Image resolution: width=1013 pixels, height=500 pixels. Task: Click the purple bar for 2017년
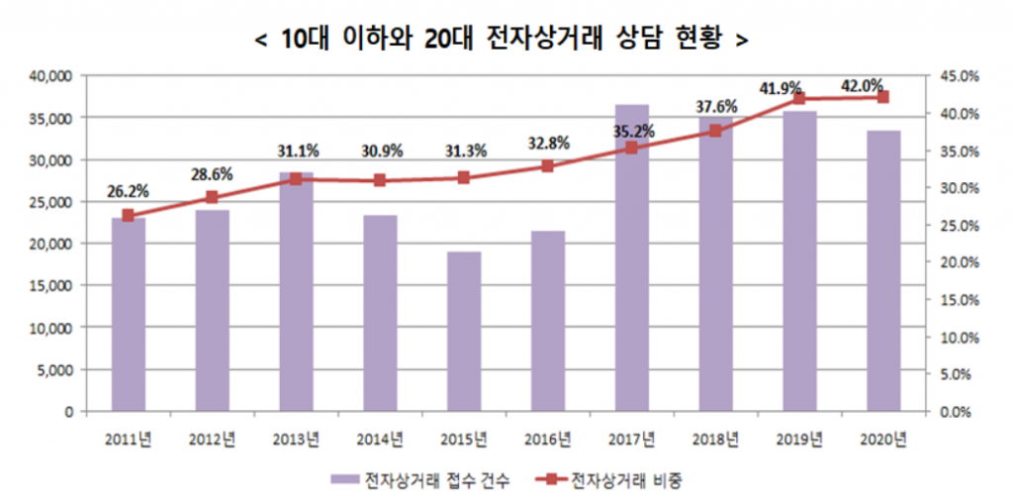coord(631,257)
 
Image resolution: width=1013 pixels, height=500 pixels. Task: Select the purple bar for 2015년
coord(463,331)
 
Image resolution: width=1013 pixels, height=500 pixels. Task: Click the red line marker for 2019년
coord(799,98)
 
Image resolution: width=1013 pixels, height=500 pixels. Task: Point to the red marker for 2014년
coord(380,180)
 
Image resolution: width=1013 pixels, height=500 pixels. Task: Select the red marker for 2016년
coord(547,166)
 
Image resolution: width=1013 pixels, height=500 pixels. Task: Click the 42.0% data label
coord(862,86)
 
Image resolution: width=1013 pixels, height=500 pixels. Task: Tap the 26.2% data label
coord(128,192)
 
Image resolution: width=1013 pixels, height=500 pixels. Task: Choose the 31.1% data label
coord(296,151)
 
